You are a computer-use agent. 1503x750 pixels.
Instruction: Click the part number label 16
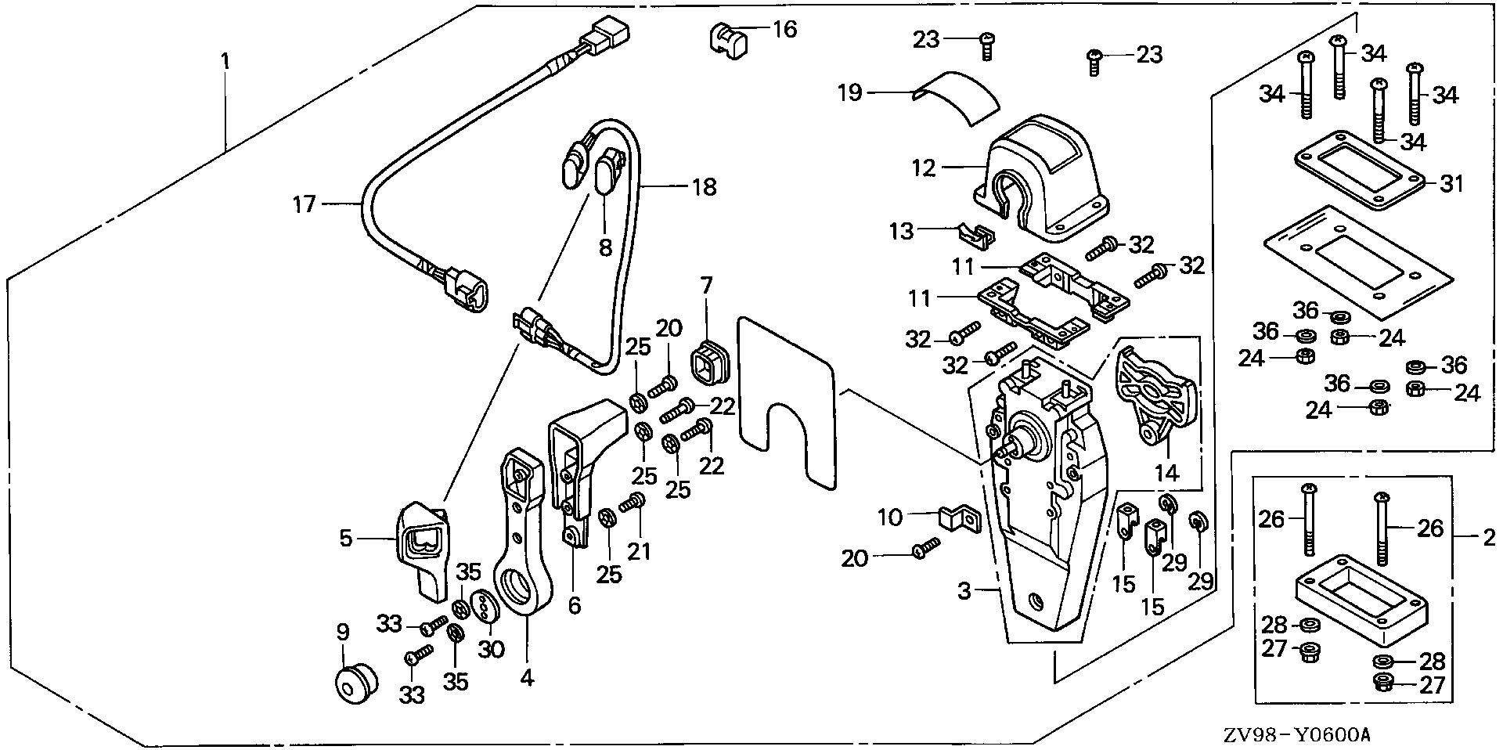784,30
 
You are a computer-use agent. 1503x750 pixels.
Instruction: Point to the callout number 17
304,205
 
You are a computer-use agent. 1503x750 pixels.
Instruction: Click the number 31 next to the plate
1452,184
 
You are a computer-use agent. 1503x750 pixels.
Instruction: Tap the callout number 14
1166,472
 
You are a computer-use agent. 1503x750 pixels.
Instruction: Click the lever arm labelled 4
522,540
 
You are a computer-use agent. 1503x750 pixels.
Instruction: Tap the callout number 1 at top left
225,60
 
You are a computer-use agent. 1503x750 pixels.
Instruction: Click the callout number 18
704,187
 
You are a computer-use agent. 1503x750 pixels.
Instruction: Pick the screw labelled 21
631,504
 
